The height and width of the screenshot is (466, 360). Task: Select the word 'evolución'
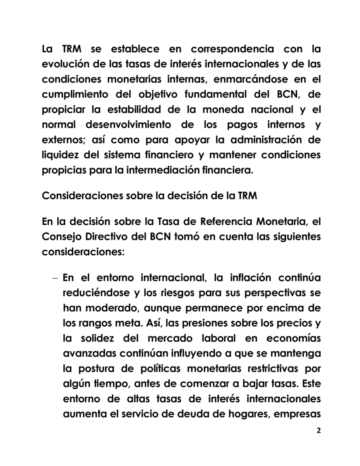click(x=66, y=64)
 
